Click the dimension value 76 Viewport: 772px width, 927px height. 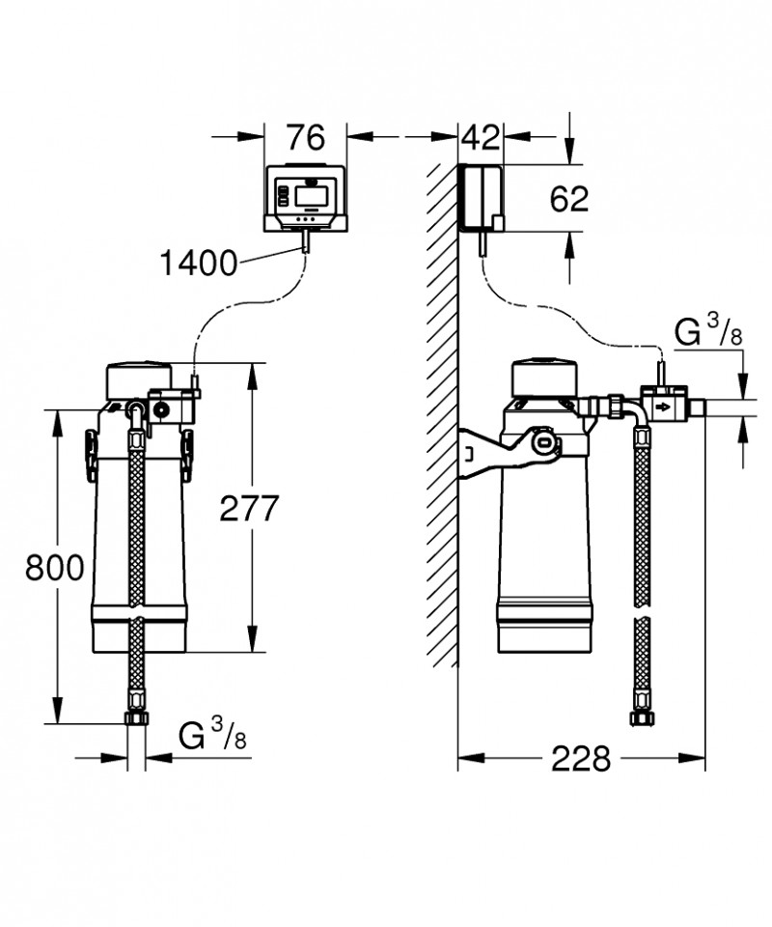(306, 138)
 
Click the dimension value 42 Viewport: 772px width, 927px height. (481, 138)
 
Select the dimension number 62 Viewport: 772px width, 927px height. (569, 199)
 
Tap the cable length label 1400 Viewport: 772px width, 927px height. (199, 263)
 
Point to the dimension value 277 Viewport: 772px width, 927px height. (249, 509)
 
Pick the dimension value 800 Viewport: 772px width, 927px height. (55, 568)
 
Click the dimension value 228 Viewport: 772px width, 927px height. (581, 759)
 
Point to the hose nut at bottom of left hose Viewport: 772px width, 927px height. (136, 718)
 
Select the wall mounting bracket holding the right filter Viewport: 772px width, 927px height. (508, 451)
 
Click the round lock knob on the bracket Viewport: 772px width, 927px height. (543, 441)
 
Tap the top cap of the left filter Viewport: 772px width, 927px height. (141, 379)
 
